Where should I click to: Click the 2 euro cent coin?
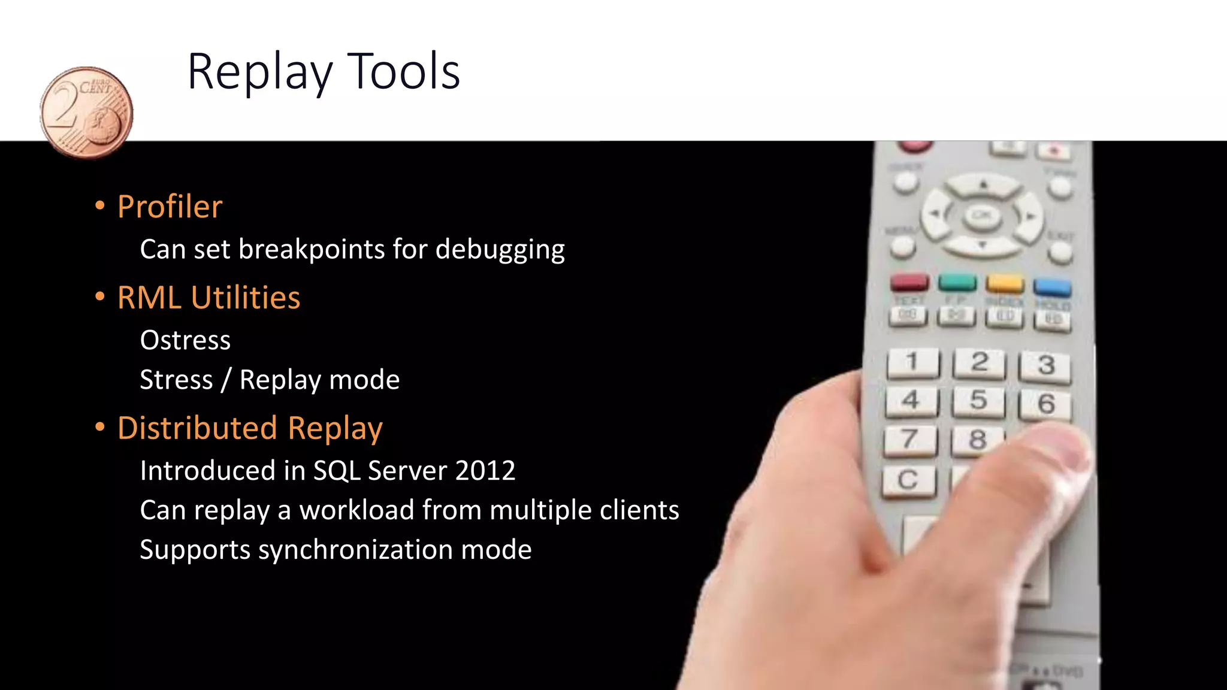(86, 112)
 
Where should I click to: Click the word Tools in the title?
(403, 72)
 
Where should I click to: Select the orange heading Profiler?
(170, 207)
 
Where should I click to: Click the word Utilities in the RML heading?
(246, 298)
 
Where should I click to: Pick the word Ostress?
(185, 340)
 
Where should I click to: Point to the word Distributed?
(197, 428)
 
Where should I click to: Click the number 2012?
(485, 471)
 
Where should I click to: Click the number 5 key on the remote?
(978, 401)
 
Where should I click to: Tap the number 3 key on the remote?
(1045, 365)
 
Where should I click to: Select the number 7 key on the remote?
(909, 440)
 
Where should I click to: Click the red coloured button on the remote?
(909, 282)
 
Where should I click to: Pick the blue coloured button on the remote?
(1052, 287)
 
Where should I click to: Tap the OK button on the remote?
(981, 215)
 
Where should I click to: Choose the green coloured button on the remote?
(957, 282)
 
